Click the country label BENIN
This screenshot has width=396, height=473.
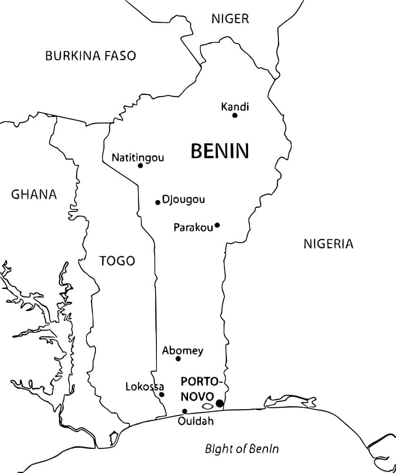[x=220, y=151]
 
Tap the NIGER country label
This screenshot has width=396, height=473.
[x=230, y=19]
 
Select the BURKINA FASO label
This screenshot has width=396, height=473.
[x=90, y=56]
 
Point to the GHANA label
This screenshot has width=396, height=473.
[x=34, y=194]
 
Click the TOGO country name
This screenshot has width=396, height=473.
[x=117, y=261]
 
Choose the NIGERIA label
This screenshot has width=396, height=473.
[x=328, y=244]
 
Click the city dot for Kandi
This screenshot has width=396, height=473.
[x=235, y=115]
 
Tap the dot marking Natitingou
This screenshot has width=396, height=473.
[x=140, y=166]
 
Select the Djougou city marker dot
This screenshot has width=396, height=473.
[x=158, y=202]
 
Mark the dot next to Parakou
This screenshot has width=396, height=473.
[x=217, y=225]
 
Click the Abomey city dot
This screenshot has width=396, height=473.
[x=178, y=359]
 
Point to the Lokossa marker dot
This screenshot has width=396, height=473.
[x=162, y=394]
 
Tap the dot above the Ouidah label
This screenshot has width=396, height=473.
[x=185, y=411]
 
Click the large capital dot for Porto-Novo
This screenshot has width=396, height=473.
[x=220, y=403]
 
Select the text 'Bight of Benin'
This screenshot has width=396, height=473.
[x=241, y=448]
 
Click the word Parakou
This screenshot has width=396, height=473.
[x=193, y=228]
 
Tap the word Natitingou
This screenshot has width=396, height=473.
[x=138, y=158]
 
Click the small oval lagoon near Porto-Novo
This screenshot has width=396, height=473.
[x=207, y=406]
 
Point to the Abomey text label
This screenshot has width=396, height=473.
[x=182, y=350]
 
